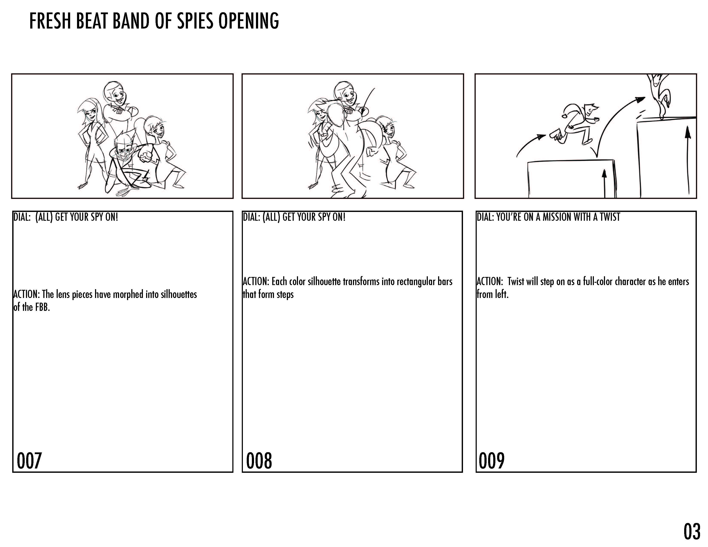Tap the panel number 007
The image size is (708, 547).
pos(29,461)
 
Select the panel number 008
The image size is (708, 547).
pos(259,461)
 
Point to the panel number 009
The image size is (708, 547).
pos(492,461)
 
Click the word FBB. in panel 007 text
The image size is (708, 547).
pos(43,307)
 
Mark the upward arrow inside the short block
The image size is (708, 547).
pos(604,183)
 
